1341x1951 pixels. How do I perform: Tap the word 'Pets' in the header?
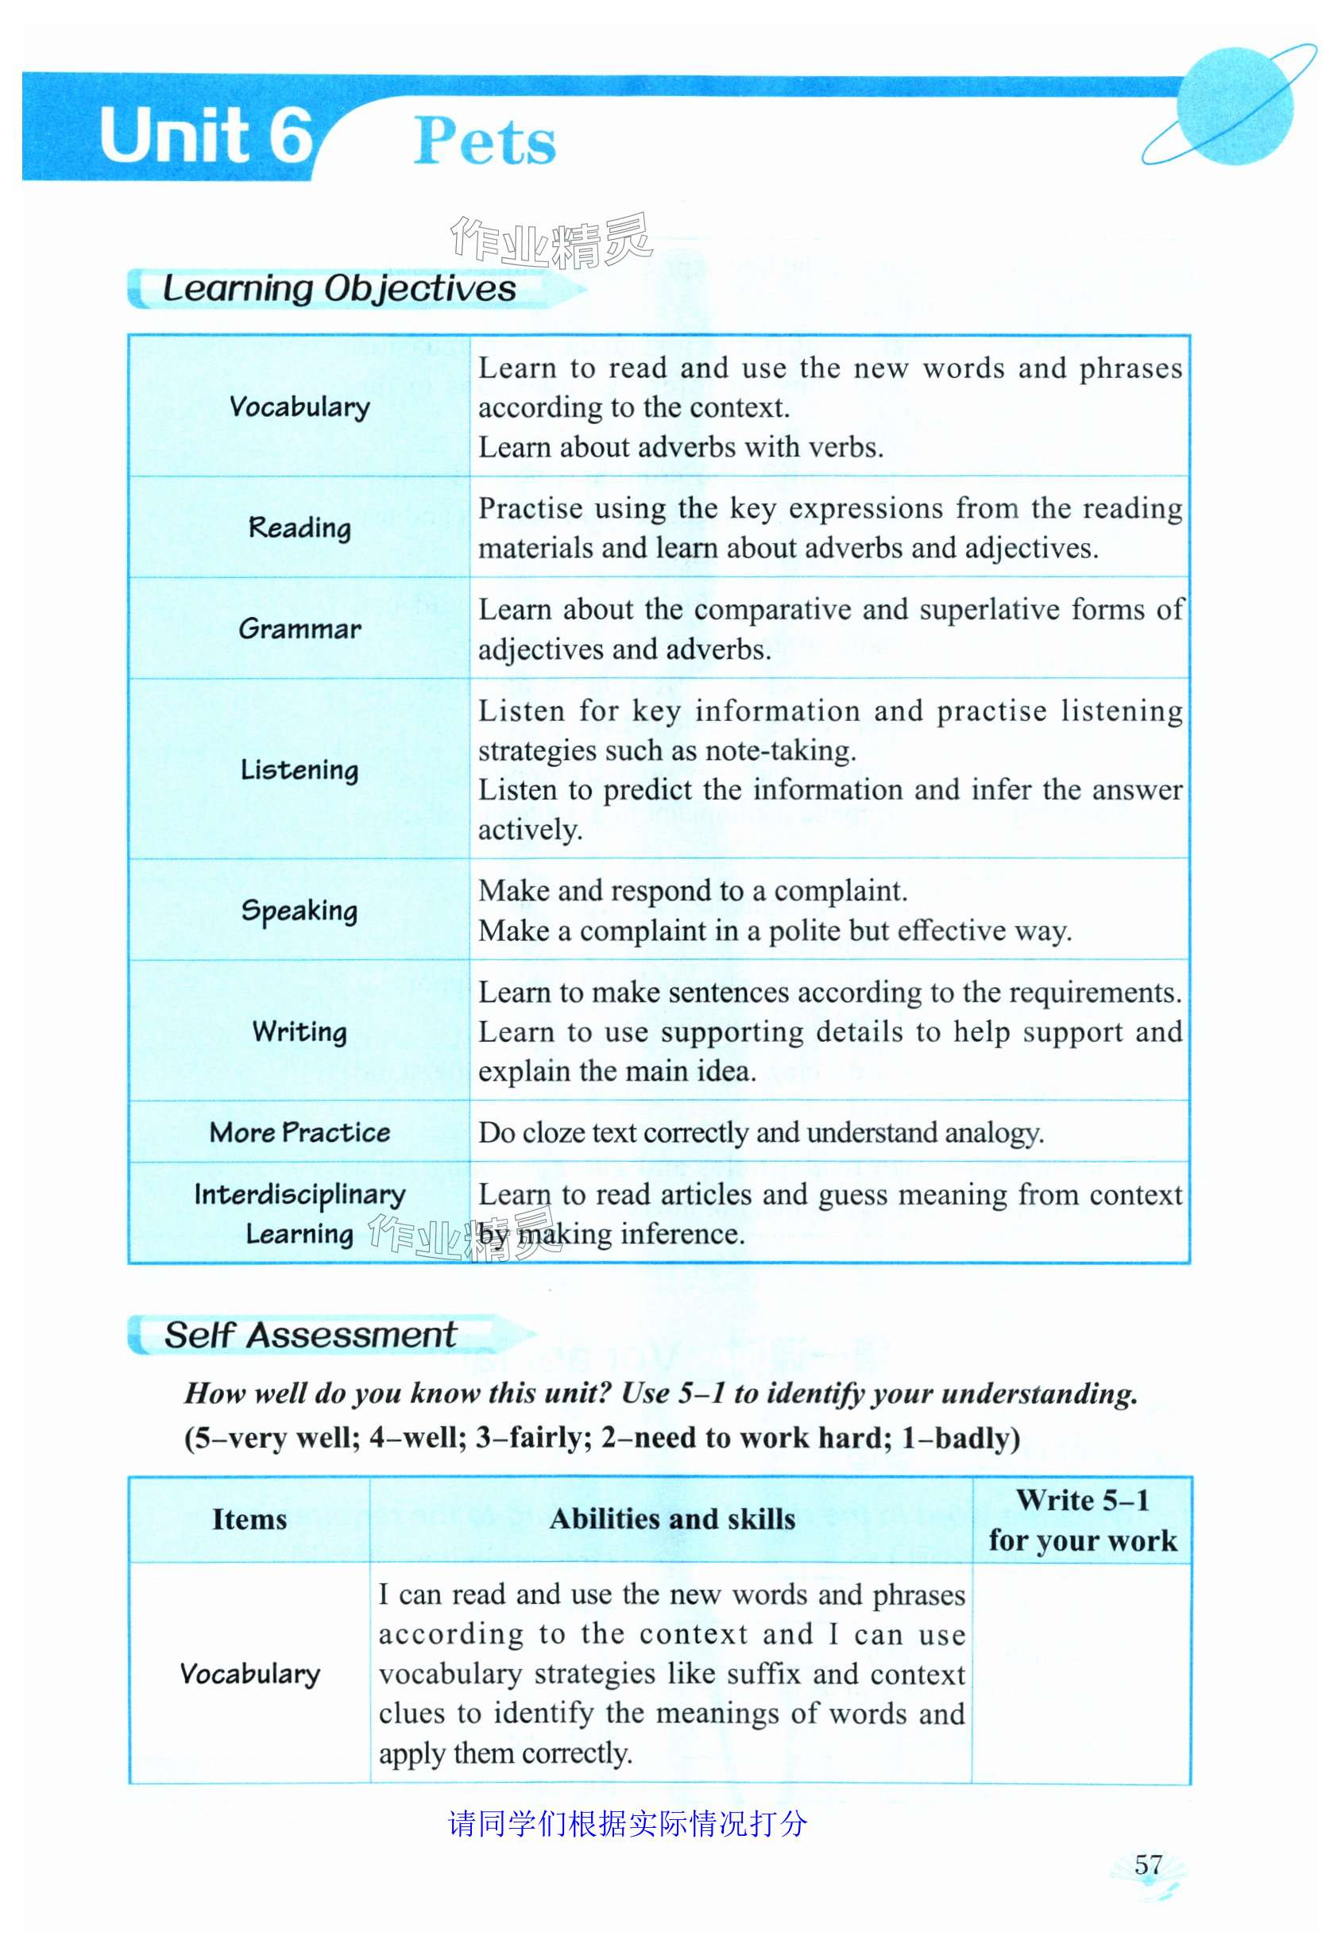485,141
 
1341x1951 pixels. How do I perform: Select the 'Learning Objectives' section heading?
338,289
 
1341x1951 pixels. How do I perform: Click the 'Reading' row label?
300,528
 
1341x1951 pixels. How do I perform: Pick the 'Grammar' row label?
300,629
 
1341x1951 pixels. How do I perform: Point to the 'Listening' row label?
300,770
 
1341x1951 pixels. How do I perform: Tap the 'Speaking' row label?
300,912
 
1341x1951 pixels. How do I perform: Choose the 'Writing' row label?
300,1032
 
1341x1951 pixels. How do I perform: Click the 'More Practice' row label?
300,1133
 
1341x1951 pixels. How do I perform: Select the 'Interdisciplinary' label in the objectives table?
300,1195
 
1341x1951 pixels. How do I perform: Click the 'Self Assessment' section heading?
310,1336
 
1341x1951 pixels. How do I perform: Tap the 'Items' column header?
249,1519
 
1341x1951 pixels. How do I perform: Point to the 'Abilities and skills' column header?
672,1519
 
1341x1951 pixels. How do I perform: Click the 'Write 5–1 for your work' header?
1082,1520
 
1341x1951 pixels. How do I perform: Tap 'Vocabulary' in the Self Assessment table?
249,1674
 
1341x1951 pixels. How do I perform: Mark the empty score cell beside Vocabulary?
1082,1674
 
